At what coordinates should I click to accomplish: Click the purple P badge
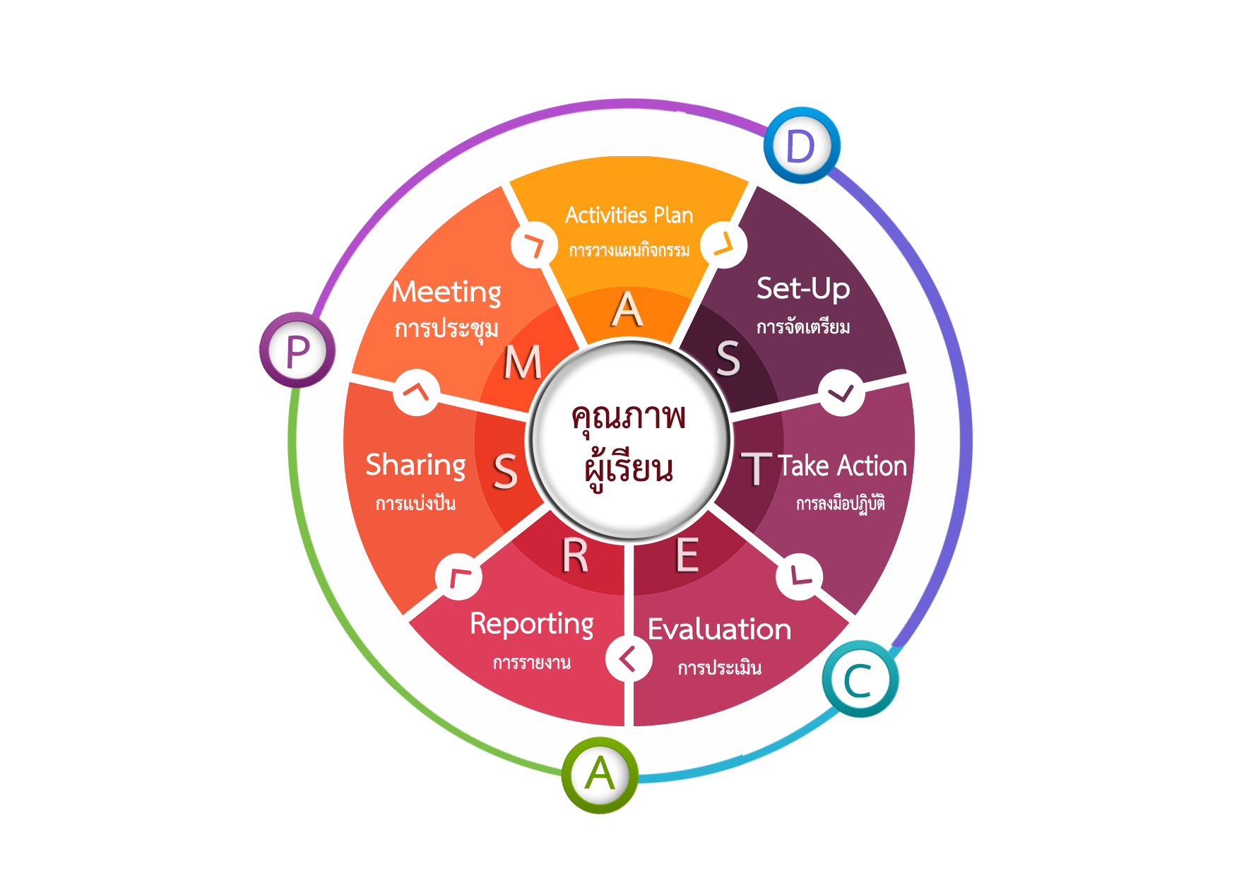click(x=297, y=350)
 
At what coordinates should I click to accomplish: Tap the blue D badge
click(x=800, y=146)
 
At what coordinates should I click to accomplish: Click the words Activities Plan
click(x=629, y=215)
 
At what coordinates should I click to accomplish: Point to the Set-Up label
click(x=803, y=288)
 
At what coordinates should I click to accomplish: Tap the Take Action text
click(x=842, y=466)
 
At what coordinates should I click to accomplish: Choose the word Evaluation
click(x=719, y=629)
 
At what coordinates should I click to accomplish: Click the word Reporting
click(x=532, y=625)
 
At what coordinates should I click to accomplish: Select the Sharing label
click(x=415, y=466)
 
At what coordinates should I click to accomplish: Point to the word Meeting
click(x=446, y=292)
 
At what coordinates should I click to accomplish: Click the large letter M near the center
click(x=523, y=363)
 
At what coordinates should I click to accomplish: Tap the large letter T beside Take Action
click(x=757, y=469)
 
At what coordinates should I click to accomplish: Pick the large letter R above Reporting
click(x=575, y=557)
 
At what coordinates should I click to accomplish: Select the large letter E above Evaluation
click(x=687, y=555)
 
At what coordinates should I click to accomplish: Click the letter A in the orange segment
click(x=627, y=310)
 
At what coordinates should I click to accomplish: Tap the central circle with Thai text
click(x=629, y=442)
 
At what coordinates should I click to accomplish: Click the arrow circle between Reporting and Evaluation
click(x=628, y=659)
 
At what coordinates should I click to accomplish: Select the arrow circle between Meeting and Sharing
click(x=417, y=392)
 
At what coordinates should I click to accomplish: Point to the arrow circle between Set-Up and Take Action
click(x=841, y=393)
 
